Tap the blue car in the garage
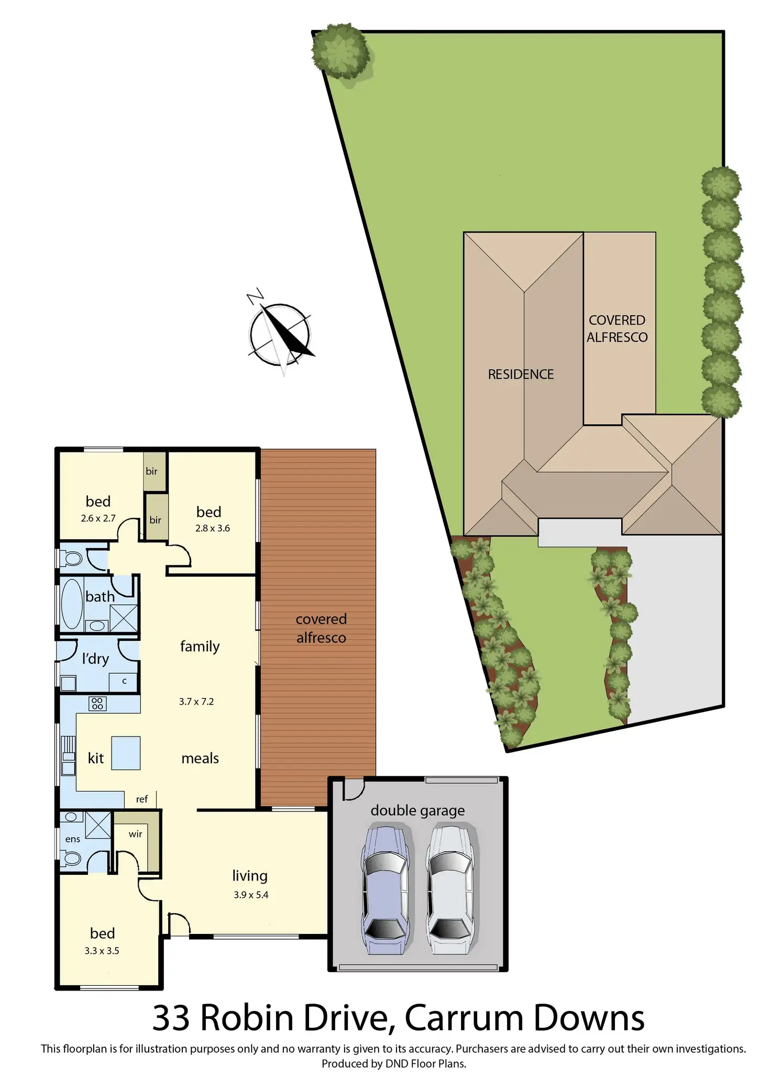pos(385,889)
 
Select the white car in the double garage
pos(450,889)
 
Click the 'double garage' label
pos(417,810)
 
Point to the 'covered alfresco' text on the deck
pos(321,628)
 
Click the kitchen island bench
pos(126,753)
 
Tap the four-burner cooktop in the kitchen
pos(97,703)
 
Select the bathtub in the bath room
pos(72,604)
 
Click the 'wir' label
pos(135,834)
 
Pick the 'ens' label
pos(73,839)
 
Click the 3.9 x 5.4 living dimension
pos(251,895)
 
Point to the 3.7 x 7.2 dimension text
pos(196,702)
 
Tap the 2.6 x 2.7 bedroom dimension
pos(98,518)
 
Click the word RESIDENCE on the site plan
pos(521,374)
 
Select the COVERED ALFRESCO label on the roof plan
pos(617,329)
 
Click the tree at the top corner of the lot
pos(340,50)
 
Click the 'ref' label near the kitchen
pos(142,799)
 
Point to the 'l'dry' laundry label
pos(95,659)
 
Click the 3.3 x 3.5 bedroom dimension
pos(102,951)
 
